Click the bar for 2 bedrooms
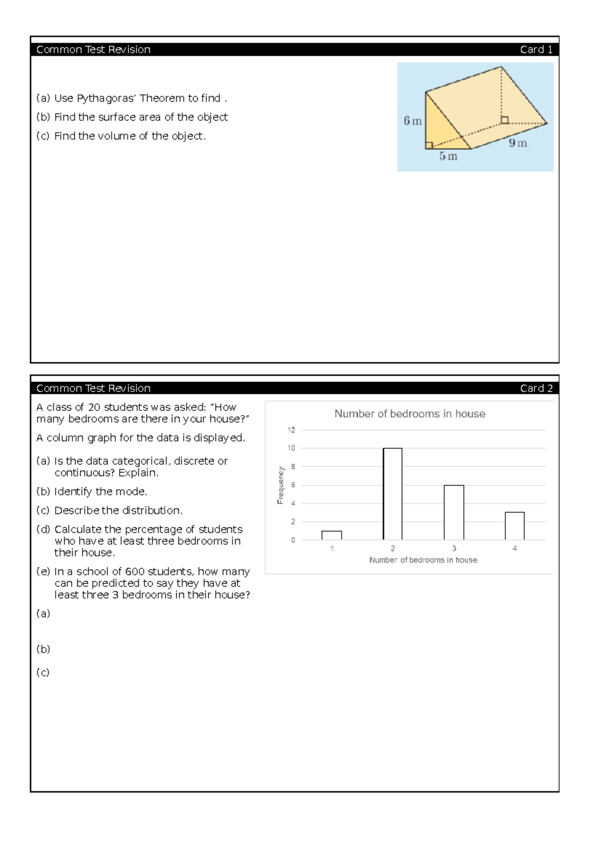pos(392,494)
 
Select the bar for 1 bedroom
pos(332,535)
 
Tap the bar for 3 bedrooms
pos(454,512)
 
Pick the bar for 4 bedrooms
pos(514,526)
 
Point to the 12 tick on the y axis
pos(291,430)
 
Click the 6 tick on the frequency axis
pos(293,485)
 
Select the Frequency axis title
pos(280,485)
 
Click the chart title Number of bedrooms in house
pos(410,413)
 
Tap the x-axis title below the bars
pos(423,560)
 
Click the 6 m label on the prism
pos(413,121)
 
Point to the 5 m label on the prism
pos(448,156)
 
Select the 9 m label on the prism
pos(518,143)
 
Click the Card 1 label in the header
pos(536,50)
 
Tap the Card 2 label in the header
pos(536,388)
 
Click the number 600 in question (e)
pos(135,572)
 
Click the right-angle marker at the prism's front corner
pos(429,145)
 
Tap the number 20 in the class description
pos(94,407)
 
